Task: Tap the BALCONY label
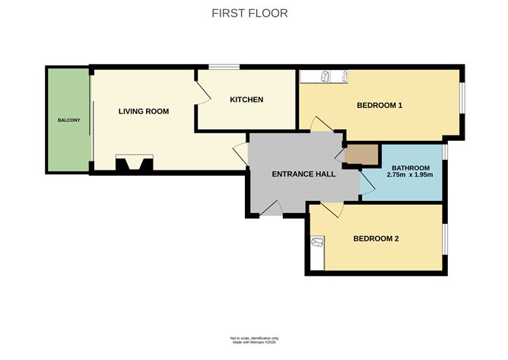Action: click(x=68, y=121)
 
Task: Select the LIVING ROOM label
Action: click(x=144, y=111)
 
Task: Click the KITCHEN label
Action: click(x=247, y=100)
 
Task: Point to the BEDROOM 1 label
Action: click(x=379, y=106)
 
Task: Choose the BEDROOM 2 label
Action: click(x=376, y=238)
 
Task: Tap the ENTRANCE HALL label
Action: click(x=304, y=174)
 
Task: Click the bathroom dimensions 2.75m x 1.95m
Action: click(x=410, y=175)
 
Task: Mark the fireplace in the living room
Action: click(x=134, y=163)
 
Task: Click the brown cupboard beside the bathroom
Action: click(x=360, y=155)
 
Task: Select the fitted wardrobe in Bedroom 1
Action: click(x=325, y=76)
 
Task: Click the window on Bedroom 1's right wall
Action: click(x=461, y=100)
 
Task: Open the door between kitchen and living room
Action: click(x=202, y=94)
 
